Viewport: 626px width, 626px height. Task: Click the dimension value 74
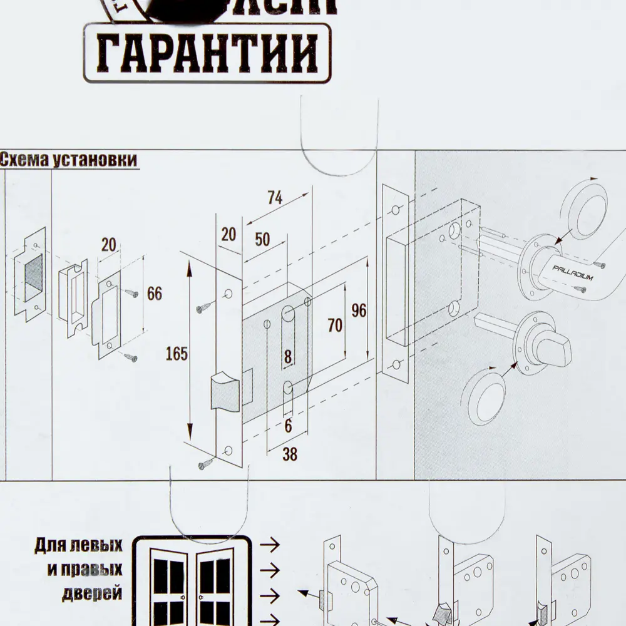coord(274,198)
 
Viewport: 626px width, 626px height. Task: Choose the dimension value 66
coord(155,294)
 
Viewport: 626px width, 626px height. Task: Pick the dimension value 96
coord(359,310)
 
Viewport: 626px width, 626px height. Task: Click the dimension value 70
coord(335,325)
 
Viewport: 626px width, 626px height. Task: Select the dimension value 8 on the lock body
coord(288,358)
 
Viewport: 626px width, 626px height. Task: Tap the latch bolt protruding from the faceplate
coord(223,391)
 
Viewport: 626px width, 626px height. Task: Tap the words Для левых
coord(78,545)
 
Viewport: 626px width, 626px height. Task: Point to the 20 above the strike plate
coord(109,245)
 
